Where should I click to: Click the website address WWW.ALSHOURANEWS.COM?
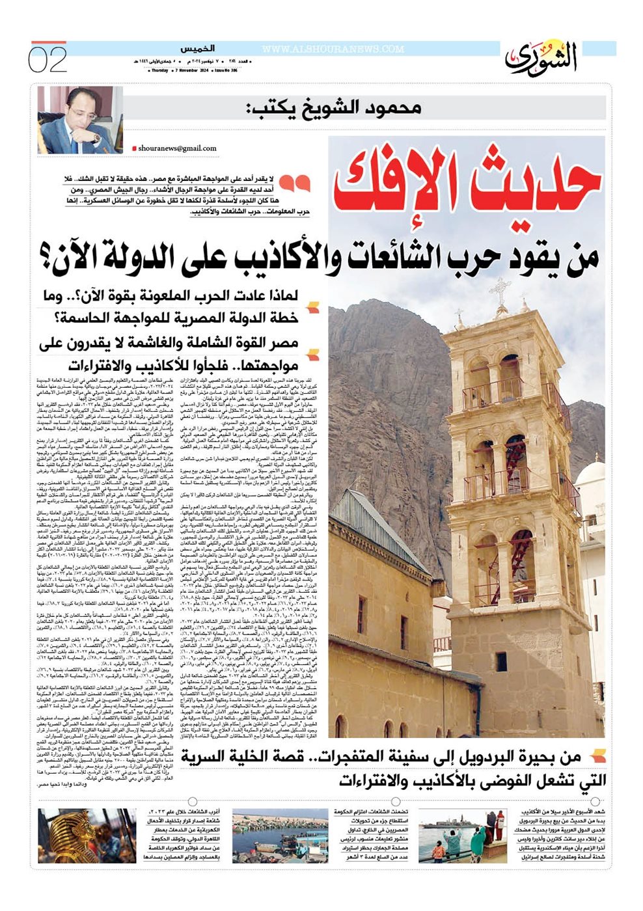coord(333,49)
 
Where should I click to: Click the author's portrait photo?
coord(75,120)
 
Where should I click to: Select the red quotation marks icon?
coord(299,184)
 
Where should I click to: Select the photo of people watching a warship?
coord(462,836)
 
